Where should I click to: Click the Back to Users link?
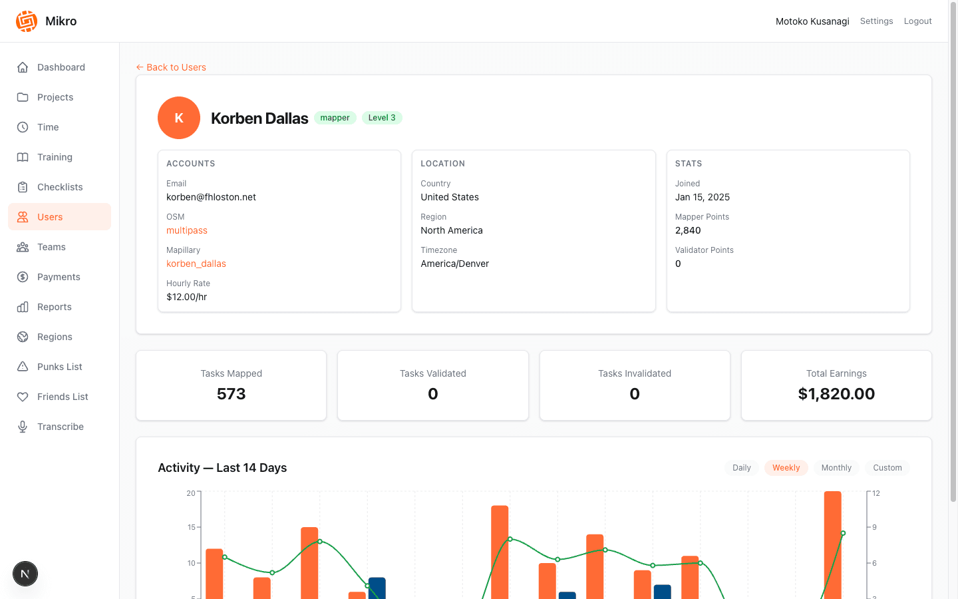tap(171, 67)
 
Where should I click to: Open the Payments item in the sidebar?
tap(59, 277)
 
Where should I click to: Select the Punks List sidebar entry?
tap(59, 367)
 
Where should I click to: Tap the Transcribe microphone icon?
tap(23, 427)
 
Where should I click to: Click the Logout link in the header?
tap(917, 21)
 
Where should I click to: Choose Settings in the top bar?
tap(876, 21)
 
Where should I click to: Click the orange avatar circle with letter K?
tap(179, 118)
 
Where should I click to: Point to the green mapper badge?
tap(335, 118)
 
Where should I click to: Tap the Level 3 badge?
tap(382, 118)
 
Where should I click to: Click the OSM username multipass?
tap(187, 230)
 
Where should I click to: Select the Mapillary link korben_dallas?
tap(196, 264)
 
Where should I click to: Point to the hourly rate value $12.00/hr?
tap(187, 297)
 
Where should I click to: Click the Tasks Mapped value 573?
tap(232, 394)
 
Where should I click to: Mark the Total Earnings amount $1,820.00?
tap(836, 394)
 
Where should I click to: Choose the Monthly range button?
tap(836, 468)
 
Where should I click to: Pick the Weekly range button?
tap(786, 468)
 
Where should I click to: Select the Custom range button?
tap(887, 468)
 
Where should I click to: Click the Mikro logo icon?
tap(27, 21)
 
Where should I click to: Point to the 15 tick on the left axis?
tap(192, 527)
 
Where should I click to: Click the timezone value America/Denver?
tap(455, 264)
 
